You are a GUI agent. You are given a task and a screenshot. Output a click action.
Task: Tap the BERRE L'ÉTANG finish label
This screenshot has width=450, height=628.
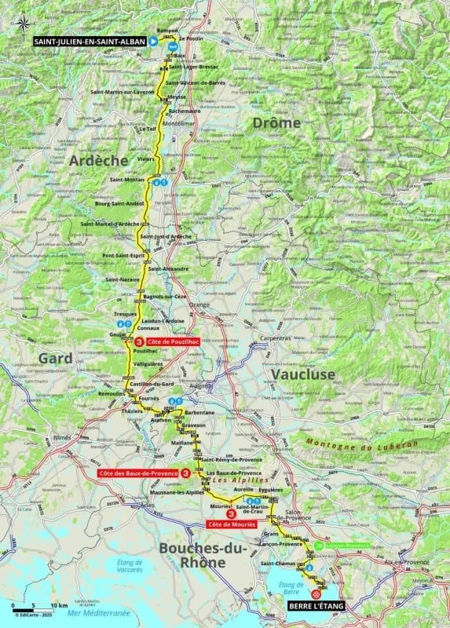(x=310, y=605)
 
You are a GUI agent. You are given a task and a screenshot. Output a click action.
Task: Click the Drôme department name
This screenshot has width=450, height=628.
(x=275, y=123)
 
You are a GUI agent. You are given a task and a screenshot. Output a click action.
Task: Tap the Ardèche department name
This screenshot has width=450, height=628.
(x=98, y=160)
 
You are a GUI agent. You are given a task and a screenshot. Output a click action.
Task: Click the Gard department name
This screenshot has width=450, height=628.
(x=54, y=358)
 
